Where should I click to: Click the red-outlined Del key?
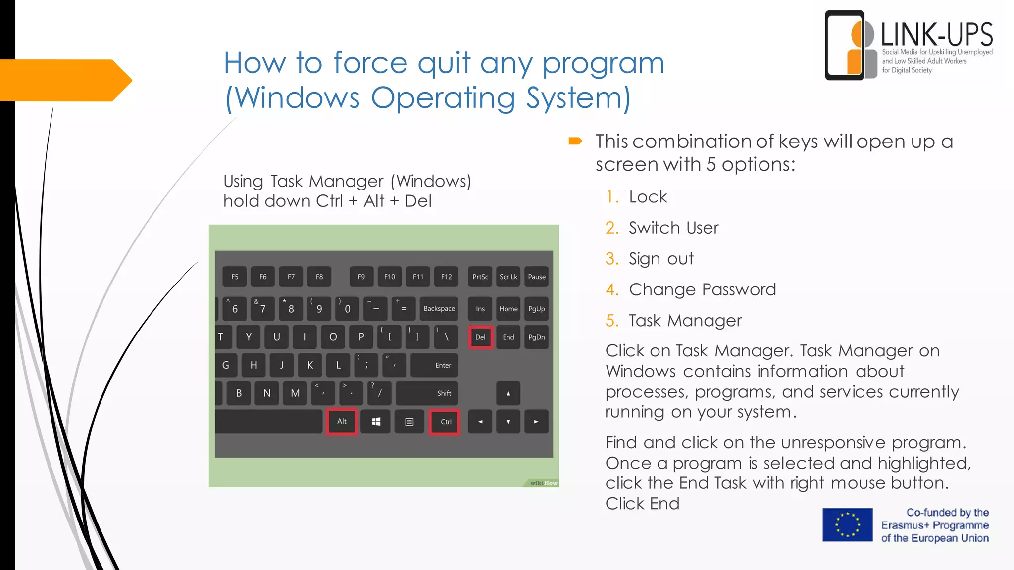480,337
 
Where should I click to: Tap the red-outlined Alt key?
342,422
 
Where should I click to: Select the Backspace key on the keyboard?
439,309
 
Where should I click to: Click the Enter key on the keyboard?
435,365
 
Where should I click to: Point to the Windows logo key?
376,422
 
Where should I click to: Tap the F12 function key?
446,277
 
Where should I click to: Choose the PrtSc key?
480,277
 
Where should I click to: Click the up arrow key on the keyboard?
508,394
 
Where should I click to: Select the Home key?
508,309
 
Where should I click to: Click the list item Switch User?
673,228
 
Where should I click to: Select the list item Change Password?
702,290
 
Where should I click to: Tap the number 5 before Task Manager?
612,321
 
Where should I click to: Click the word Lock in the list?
648,197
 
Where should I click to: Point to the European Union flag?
848,525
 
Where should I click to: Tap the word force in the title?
370,63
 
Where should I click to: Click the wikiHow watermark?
544,483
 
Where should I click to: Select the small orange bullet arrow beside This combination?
575,142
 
